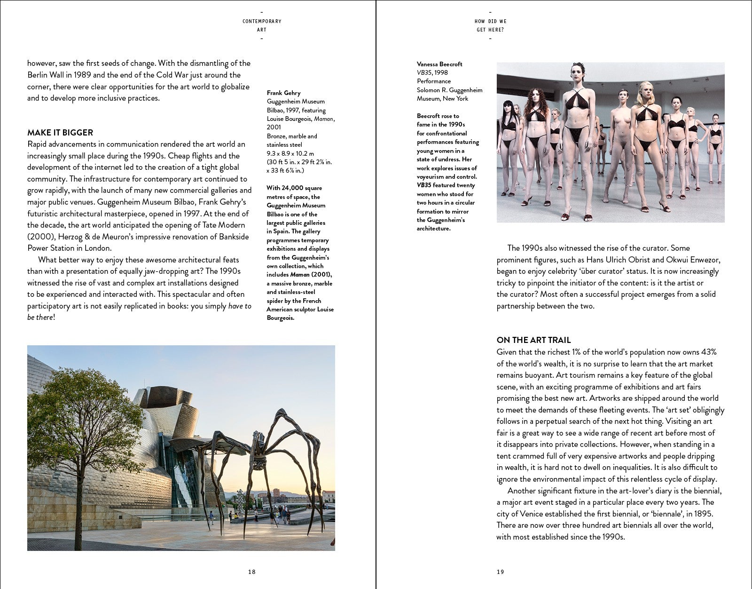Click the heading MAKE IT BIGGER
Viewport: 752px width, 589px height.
(x=60, y=133)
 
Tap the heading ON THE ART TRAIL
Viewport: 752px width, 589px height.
(x=533, y=340)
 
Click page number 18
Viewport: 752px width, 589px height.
(x=252, y=572)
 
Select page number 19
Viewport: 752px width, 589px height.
(x=500, y=572)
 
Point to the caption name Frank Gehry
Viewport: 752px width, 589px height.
(x=283, y=93)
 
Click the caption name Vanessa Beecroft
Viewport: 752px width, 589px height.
(x=439, y=64)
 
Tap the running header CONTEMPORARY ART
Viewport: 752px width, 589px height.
(x=262, y=25)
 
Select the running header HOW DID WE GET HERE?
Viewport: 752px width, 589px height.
(x=490, y=25)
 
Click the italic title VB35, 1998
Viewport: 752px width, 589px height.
(x=432, y=72)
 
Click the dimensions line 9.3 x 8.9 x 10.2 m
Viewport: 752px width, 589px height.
(x=290, y=153)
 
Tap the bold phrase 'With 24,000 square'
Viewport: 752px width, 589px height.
(x=294, y=188)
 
